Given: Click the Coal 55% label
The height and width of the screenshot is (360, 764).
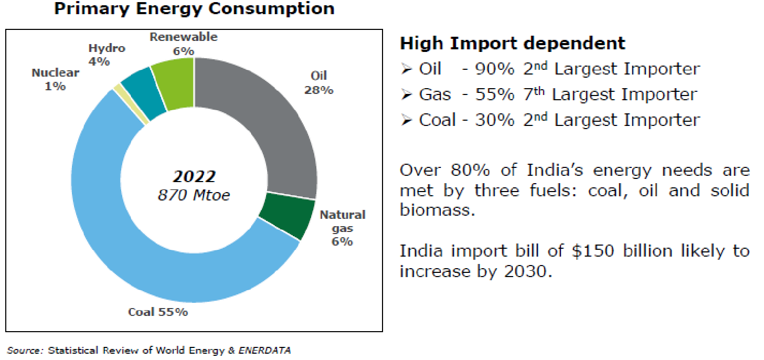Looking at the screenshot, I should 158,312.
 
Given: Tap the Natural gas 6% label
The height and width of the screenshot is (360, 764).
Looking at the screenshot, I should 342,228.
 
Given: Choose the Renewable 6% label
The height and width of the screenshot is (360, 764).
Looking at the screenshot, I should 183,44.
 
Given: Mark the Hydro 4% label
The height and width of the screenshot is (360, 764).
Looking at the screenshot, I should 107,55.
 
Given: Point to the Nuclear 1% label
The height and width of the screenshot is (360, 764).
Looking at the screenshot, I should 55,79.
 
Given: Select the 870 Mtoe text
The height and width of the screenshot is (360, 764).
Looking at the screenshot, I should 194,196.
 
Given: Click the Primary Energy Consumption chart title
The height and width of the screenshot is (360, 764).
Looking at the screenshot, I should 194,9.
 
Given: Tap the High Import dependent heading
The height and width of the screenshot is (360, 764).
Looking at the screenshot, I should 513,43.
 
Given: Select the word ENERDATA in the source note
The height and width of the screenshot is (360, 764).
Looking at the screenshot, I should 265,351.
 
